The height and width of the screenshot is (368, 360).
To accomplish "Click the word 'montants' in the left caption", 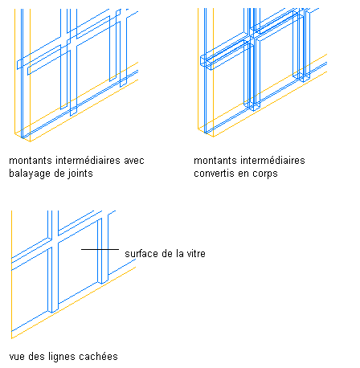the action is tap(31, 161).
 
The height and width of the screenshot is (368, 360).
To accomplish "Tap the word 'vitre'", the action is tap(196, 253).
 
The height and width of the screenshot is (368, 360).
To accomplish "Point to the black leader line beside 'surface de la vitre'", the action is tap(100, 249).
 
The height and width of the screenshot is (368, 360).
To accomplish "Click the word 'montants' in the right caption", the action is tap(215, 161).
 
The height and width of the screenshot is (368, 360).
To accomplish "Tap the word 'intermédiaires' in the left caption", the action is tap(88, 161).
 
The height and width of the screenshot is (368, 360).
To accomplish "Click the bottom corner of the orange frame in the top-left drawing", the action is tap(30, 141).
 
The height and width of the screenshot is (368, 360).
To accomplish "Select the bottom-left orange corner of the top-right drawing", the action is tap(198, 129).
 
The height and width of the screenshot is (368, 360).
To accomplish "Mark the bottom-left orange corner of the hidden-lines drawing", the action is tap(12, 338).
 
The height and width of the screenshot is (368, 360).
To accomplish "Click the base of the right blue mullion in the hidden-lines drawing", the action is tap(103, 282).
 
